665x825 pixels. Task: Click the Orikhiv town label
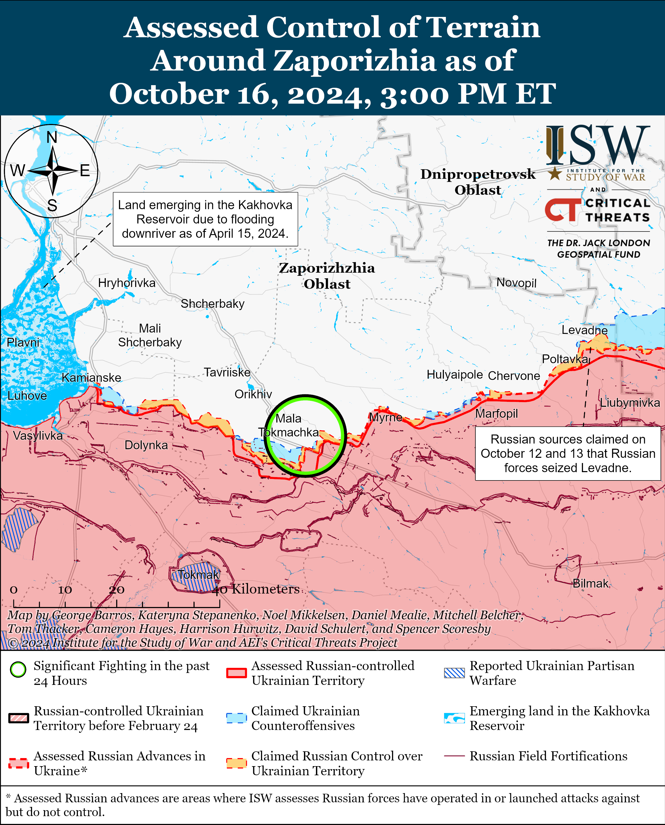pos(253,394)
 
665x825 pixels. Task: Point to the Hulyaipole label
pos(455,374)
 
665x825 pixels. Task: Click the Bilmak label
pos(590,583)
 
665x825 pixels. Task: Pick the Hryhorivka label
pos(127,283)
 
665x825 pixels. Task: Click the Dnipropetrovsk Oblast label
pos(478,182)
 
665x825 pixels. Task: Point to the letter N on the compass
pos(52,137)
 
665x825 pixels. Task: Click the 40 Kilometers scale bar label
pos(256,589)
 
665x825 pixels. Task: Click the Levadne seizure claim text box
pos(568,453)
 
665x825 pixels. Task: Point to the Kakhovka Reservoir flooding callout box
pos(205,219)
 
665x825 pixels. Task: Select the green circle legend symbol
pos(18,670)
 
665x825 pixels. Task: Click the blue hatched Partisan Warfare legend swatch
pos(454,673)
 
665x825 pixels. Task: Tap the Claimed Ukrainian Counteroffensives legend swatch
pos(236,718)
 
